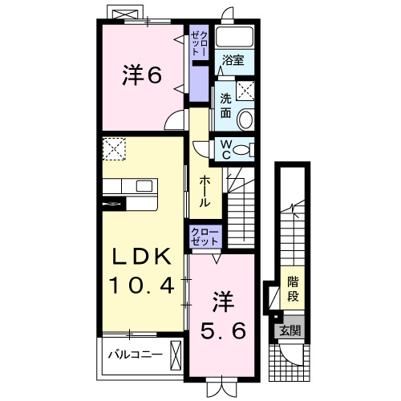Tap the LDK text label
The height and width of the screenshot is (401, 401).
tap(140, 257)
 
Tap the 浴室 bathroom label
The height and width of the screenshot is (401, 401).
tap(233, 60)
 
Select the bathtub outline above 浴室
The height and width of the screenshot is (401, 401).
tap(233, 38)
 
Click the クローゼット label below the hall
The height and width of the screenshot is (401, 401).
tap(205, 236)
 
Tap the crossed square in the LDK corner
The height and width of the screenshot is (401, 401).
tap(113, 148)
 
